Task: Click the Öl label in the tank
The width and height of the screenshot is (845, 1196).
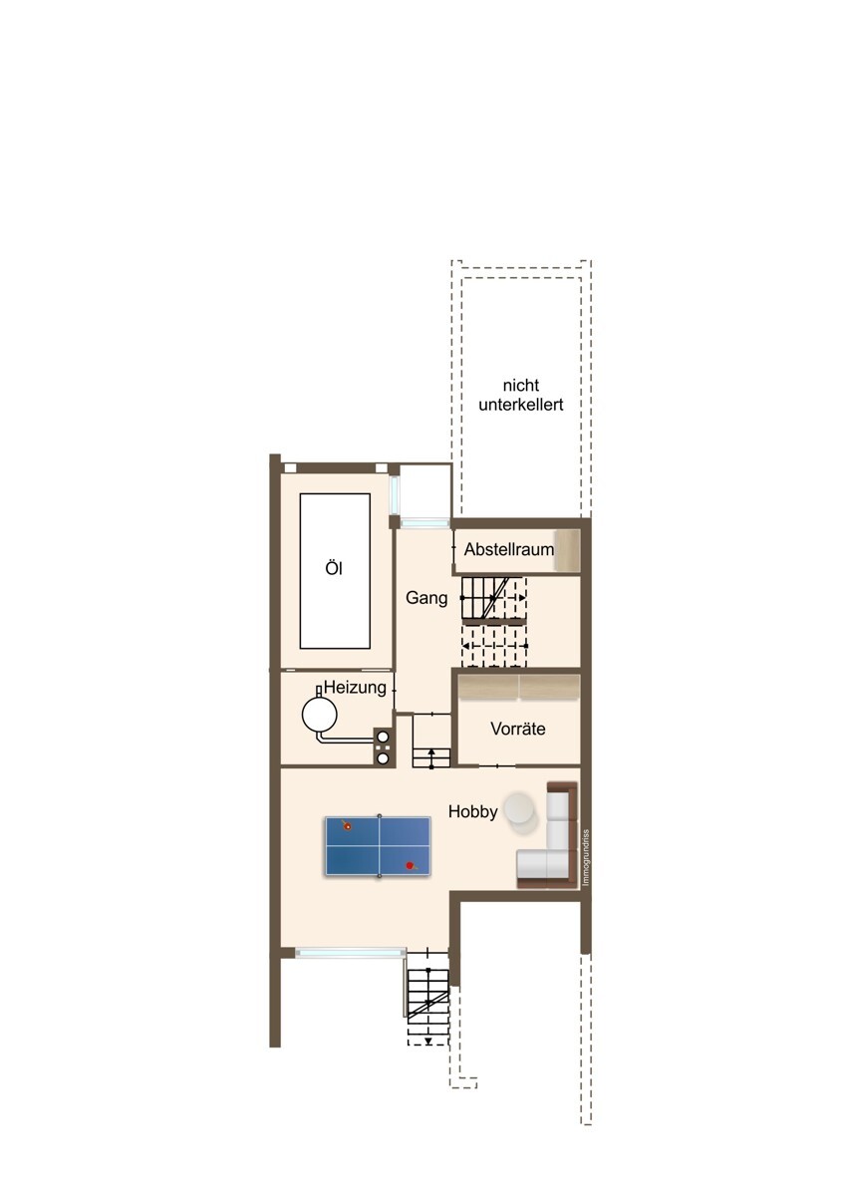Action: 334,569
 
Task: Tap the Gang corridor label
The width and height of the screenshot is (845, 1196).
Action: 425,598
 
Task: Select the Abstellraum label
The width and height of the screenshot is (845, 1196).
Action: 509,549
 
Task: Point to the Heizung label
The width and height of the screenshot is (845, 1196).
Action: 355,687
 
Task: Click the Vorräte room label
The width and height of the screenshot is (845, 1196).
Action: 518,729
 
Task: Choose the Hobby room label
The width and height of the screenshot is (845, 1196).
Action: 472,811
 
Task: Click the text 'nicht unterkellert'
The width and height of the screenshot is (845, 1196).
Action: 520,395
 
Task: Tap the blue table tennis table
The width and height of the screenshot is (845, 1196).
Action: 378,846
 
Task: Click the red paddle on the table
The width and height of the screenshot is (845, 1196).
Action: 410,865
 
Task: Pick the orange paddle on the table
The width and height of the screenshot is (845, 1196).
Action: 347,826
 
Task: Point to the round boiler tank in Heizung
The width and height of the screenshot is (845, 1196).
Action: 319,715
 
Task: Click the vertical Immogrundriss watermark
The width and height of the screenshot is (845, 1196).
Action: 586,858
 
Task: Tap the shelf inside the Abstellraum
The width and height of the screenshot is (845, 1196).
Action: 567,549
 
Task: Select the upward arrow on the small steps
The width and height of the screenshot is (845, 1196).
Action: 431,752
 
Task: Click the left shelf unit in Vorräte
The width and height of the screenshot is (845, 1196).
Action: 488,687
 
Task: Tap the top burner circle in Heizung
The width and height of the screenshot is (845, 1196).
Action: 383,737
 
